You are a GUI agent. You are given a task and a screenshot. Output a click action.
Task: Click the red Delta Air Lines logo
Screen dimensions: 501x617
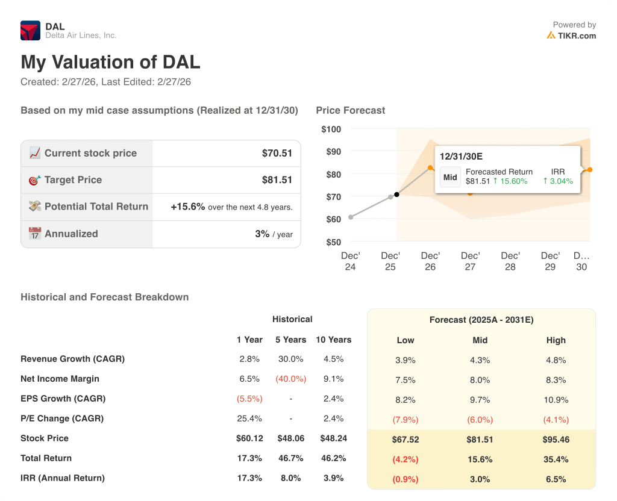click(x=30, y=30)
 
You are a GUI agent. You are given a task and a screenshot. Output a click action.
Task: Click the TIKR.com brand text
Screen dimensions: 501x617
click(x=576, y=36)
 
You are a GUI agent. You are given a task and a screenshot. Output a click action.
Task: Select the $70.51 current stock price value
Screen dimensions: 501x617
click(x=277, y=153)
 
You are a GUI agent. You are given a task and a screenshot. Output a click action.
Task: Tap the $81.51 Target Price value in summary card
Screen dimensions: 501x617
click(x=277, y=179)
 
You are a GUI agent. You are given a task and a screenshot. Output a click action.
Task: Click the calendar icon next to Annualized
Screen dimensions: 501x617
click(x=35, y=234)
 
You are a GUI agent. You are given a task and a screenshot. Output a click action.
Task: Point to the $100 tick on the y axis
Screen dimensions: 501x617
click(x=331, y=129)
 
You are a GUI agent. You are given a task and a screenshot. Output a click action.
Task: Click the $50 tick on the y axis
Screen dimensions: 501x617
click(x=333, y=242)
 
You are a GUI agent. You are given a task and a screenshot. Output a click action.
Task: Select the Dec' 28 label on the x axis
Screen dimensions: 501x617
click(x=510, y=261)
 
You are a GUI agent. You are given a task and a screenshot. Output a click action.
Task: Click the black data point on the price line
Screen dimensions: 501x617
click(x=396, y=194)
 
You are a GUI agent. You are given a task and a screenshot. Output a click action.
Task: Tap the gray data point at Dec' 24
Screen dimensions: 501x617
click(x=351, y=217)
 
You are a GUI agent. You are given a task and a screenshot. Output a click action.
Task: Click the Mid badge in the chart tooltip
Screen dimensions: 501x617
click(x=450, y=177)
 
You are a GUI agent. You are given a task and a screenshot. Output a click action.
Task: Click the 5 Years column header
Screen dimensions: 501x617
click(x=291, y=340)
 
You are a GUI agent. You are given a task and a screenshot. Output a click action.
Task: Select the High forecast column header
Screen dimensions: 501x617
click(x=556, y=340)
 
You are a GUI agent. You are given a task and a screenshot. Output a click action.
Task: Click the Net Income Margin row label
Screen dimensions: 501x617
click(x=60, y=379)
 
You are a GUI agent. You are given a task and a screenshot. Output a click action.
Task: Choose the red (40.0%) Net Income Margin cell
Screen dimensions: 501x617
click(x=291, y=379)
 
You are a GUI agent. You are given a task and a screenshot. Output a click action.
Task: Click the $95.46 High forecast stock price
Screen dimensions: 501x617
click(x=556, y=439)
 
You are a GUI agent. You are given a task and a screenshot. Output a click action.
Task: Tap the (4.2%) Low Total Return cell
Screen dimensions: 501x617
click(x=406, y=459)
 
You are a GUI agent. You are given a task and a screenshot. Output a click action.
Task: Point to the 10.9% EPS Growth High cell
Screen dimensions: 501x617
click(x=556, y=399)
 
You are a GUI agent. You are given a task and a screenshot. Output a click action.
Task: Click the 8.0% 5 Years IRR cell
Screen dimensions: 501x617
click(x=291, y=478)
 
